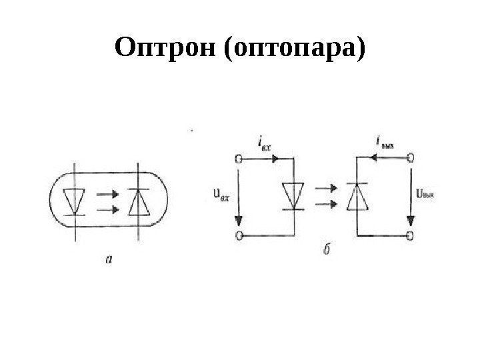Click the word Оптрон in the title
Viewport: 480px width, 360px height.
[x=165, y=48]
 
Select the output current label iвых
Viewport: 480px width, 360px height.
[x=385, y=141]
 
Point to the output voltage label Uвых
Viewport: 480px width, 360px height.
[x=425, y=195]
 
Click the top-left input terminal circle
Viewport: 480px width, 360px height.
[x=237, y=159]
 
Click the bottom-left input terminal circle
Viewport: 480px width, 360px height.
[x=237, y=235]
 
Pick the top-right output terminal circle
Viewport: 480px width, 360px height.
[x=411, y=158]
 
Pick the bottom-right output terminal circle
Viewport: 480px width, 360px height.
[x=411, y=235]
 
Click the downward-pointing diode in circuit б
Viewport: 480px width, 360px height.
[x=292, y=196]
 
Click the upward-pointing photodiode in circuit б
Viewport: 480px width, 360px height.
[x=357, y=195]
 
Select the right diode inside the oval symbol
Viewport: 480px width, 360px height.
[x=137, y=201]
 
